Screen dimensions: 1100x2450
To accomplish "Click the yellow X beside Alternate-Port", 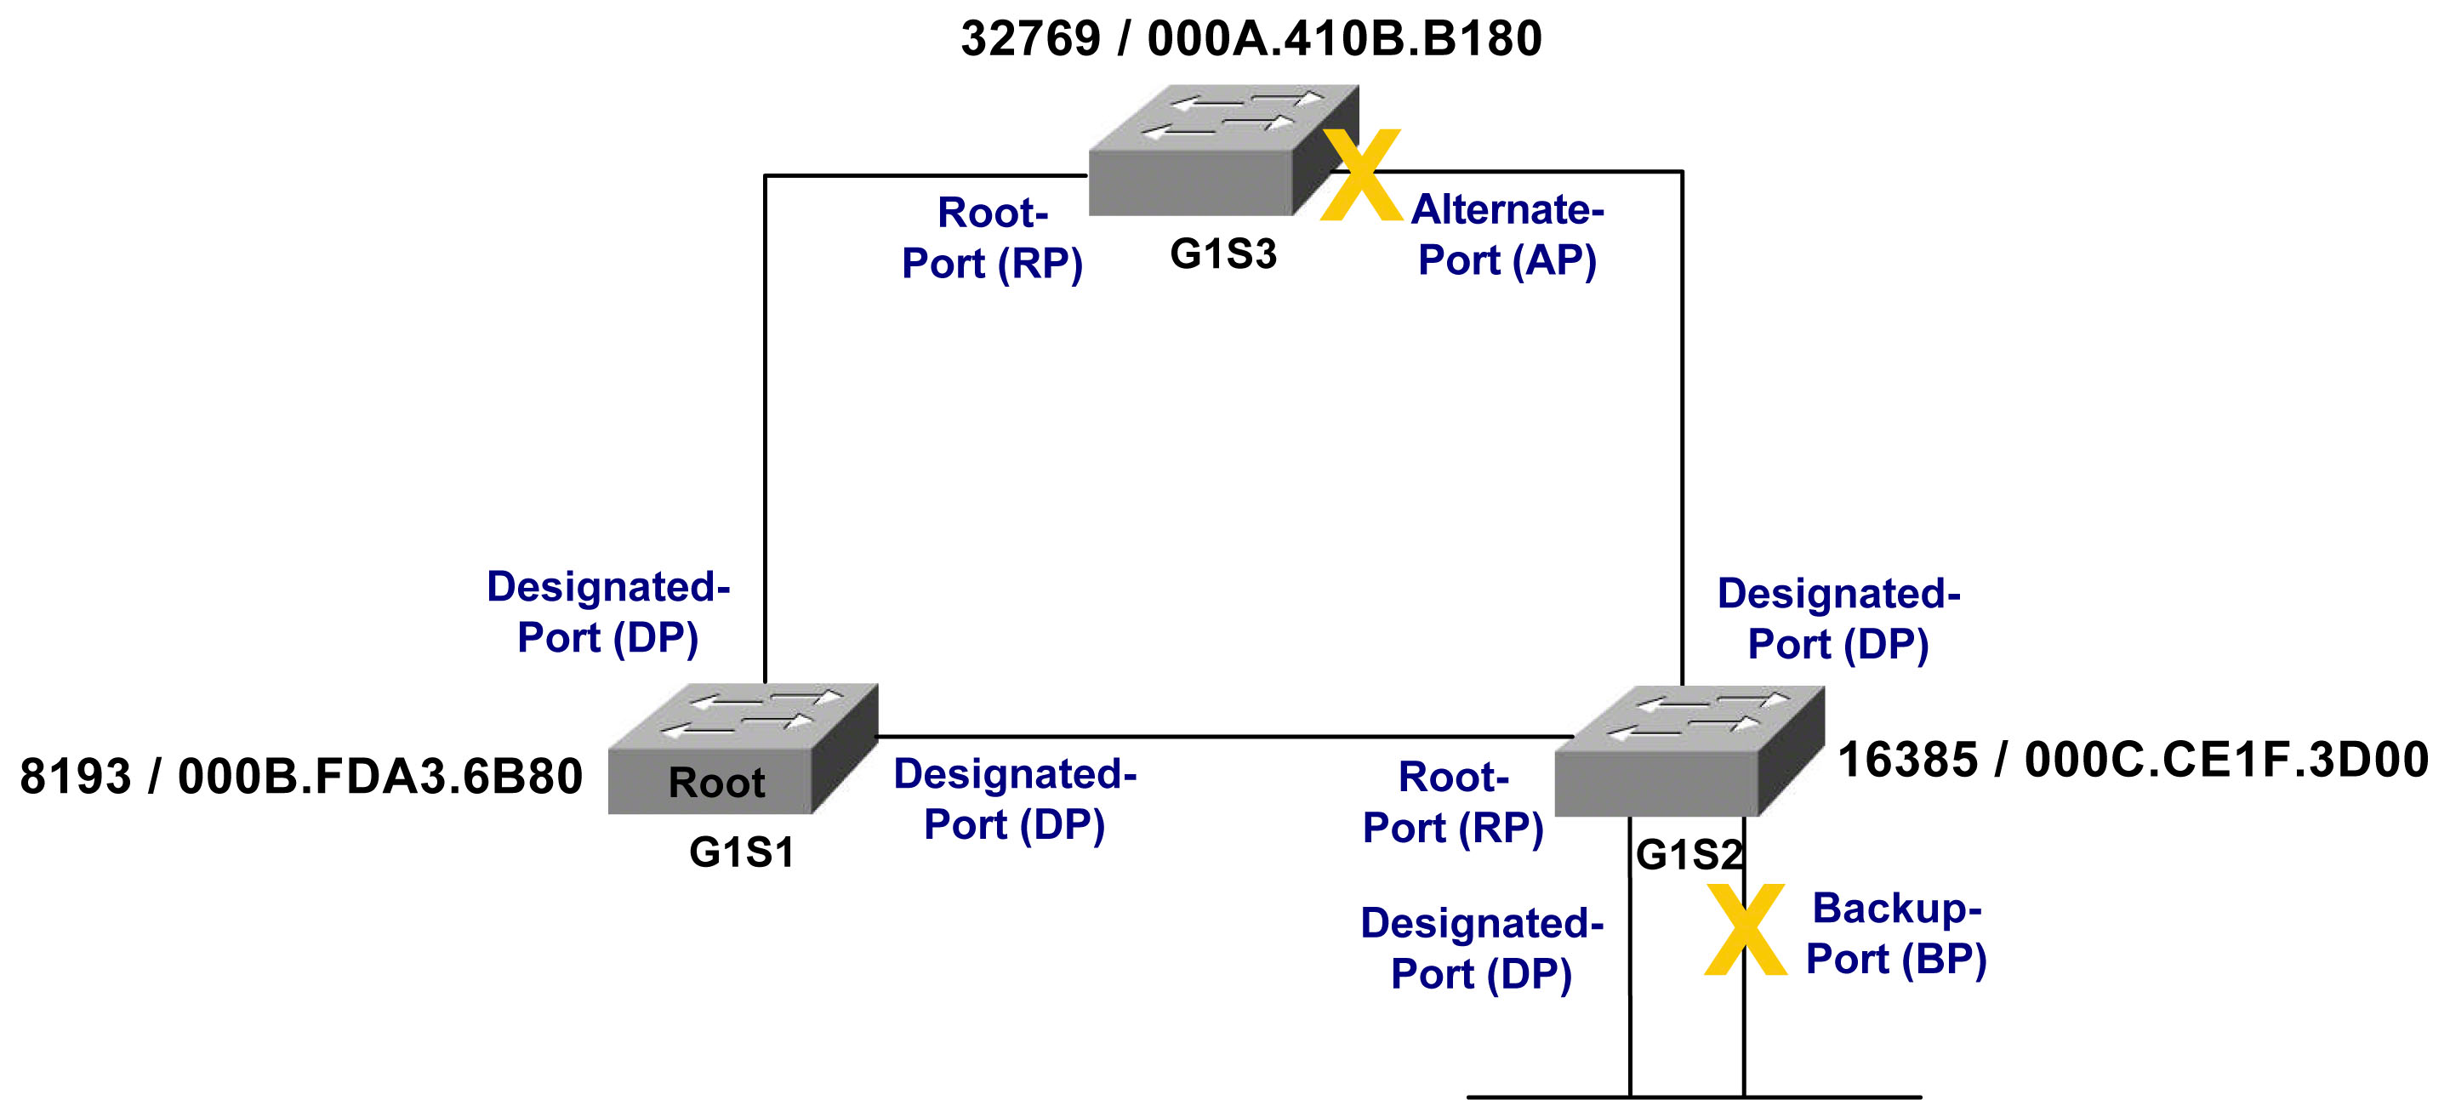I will (1362, 175).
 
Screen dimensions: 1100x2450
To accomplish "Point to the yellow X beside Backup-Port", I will (1746, 929).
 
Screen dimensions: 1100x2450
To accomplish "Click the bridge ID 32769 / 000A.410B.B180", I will (1251, 39).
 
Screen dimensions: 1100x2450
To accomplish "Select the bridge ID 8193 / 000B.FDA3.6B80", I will (301, 776).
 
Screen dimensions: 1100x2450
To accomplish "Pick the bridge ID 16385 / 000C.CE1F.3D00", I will (2133, 760).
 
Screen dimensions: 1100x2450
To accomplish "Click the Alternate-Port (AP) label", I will (1507, 235).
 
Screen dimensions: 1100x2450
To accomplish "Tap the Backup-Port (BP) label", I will (1896, 933).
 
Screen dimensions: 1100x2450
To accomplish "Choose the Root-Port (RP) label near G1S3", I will (992, 237).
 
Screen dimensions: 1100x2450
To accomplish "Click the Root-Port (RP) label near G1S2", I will (1452, 802).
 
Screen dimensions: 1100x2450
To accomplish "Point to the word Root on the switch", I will (716, 783).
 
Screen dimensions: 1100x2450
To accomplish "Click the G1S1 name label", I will (742, 852).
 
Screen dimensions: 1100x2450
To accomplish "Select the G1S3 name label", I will (1223, 254).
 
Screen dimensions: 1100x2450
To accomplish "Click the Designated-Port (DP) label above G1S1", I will (607, 612).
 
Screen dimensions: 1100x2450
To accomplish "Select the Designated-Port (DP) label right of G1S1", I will (1015, 799).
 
